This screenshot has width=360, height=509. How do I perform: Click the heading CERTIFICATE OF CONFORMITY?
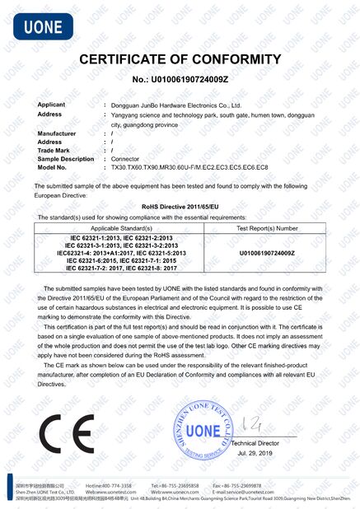pos(180,59)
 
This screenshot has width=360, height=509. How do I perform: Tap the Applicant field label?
pos(51,105)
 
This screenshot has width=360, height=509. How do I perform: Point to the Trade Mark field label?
pos(54,150)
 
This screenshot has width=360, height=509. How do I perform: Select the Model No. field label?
pos(52,167)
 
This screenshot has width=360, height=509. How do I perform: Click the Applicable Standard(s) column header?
pos(122,227)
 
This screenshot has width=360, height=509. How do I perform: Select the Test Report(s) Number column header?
pos(267,227)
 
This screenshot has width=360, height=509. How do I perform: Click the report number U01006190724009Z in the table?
pos(267,253)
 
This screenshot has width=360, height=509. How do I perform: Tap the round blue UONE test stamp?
pos(202,430)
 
